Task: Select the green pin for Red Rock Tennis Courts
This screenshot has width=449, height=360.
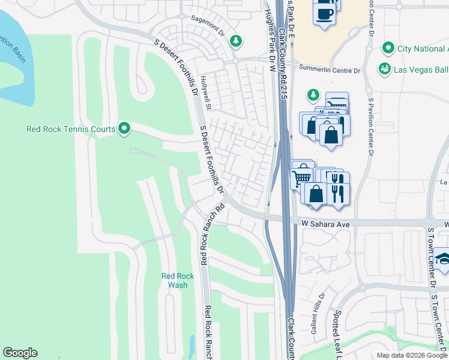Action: pyautogui.click(x=124, y=128)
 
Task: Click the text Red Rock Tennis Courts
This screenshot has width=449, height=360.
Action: pyautogui.click(x=71, y=128)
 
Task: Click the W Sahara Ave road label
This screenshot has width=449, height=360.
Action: pyautogui.click(x=324, y=224)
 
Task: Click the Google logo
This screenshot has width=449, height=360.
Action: pyautogui.click(x=20, y=353)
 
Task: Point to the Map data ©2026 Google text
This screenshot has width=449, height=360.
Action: pyautogui.click(x=411, y=355)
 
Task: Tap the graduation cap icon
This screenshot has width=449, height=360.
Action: pyautogui.click(x=443, y=258)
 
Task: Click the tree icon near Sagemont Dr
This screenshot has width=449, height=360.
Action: pyautogui.click(x=237, y=40)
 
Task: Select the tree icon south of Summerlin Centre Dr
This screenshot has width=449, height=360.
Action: pyautogui.click(x=312, y=94)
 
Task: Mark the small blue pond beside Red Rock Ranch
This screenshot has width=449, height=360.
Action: pyautogui.click(x=191, y=346)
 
